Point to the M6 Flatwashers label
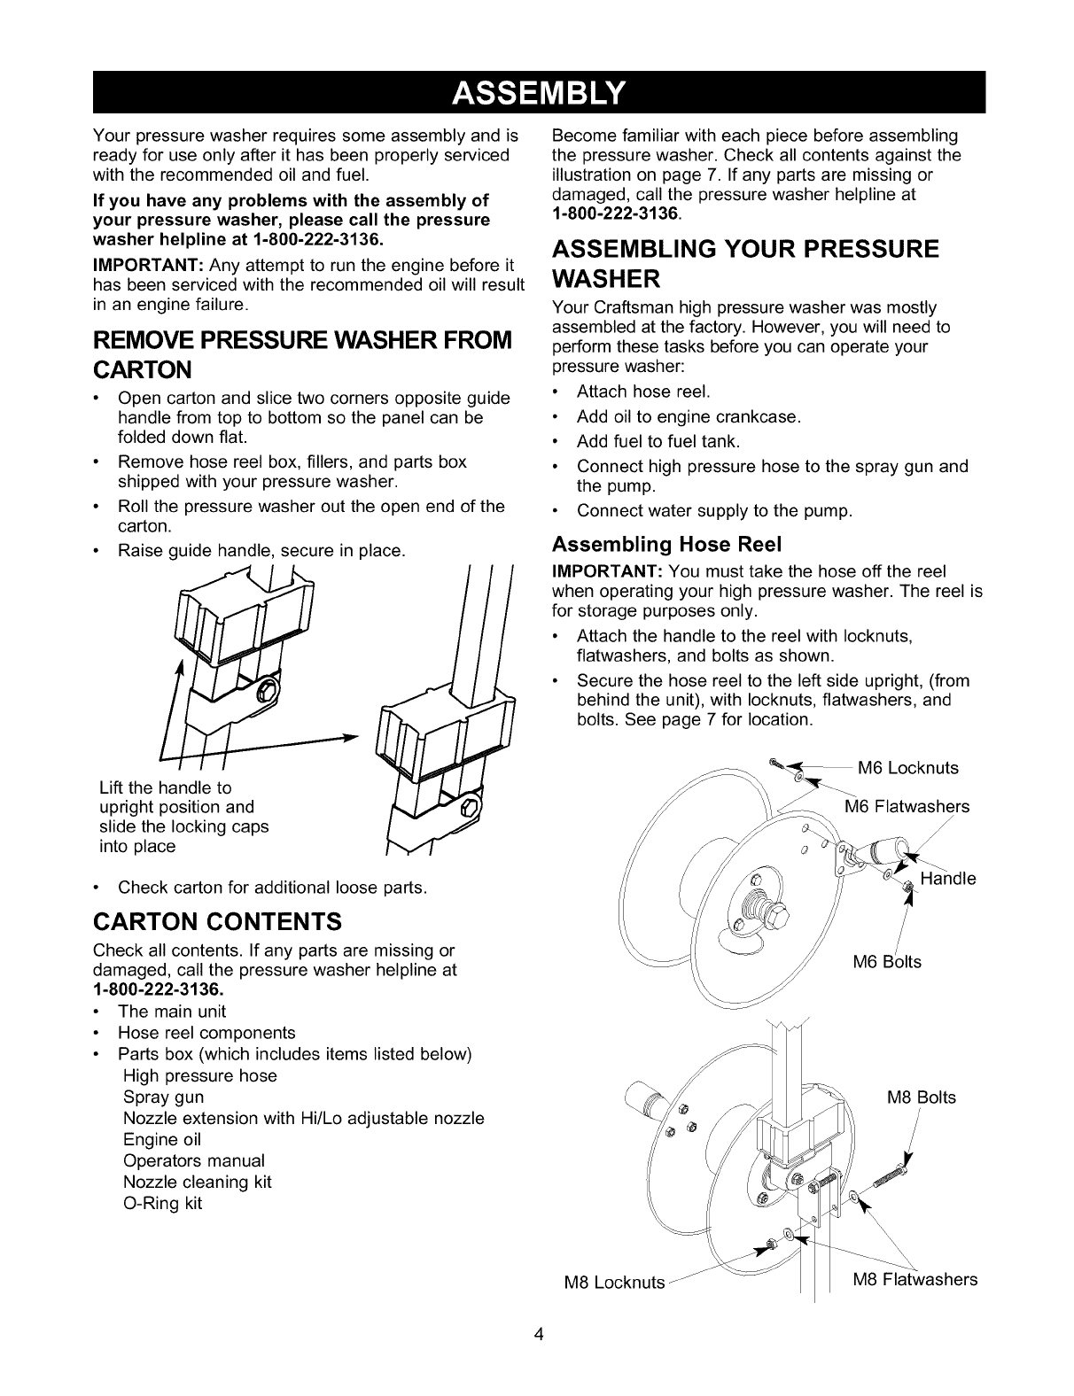(x=907, y=807)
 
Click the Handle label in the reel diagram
(x=947, y=879)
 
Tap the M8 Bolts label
(x=922, y=1097)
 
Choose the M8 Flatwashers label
(x=915, y=1279)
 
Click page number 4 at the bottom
(x=538, y=1335)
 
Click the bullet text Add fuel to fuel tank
(x=658, y=441)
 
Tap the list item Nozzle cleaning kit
(x=198, y=1182)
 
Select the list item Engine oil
(x=163, y=1139)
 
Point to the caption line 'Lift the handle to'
(x=165, y=787)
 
